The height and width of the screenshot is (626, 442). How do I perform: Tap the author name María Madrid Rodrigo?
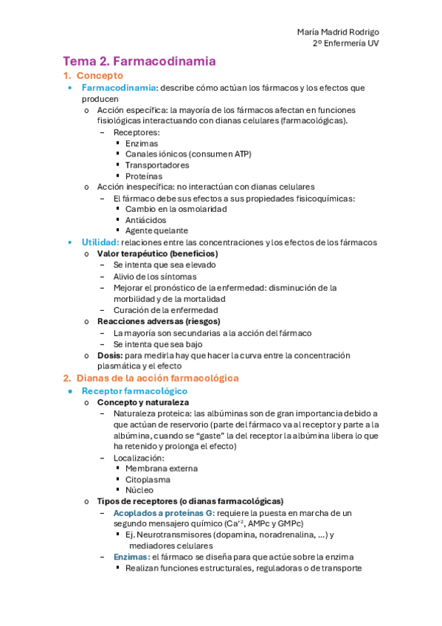click(x=338, y=32)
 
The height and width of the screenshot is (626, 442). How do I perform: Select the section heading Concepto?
click(x=100, y=75)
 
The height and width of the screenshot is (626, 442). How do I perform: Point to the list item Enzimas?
click(x=141, y=143)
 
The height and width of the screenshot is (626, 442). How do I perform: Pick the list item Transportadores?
click(x=157, y=165)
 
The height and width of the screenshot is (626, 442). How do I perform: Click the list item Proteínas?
click(x=144, y=176)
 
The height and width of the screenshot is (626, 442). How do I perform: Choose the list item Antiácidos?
click(x=146, y=220)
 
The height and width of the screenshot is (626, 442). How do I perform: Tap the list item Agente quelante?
click(x=156, y=231)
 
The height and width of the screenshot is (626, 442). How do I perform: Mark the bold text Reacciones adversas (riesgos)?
click(x=159, y=321)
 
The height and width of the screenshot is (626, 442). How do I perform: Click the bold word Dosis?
click(x=109, y=355)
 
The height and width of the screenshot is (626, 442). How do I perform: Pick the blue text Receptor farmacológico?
click(x=134, y=391)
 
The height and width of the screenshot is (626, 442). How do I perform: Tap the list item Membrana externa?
click(x=161, y=468)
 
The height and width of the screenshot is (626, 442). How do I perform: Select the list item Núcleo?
click(x=139, y=489)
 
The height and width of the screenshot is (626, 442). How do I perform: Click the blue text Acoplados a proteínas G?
click(x=163, y=512)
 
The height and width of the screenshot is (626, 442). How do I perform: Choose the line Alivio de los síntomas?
click(x=155, y=276)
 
